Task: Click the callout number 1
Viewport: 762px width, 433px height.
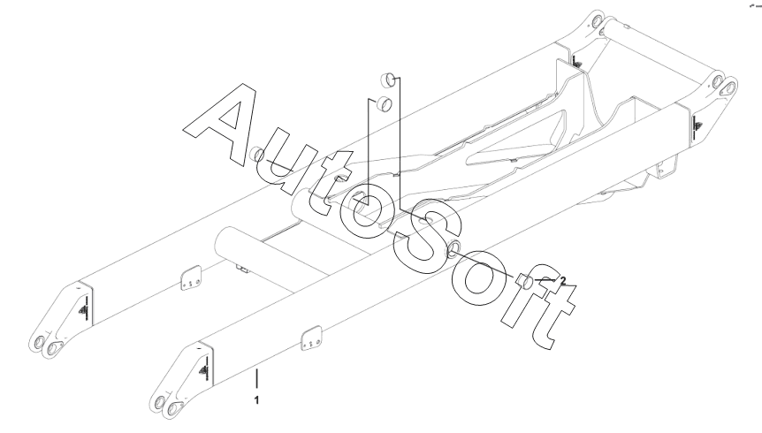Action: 256,400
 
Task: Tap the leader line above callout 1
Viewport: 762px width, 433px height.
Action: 256,380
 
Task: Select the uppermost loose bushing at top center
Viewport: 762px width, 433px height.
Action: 386,77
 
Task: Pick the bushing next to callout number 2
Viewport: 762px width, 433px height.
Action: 525,282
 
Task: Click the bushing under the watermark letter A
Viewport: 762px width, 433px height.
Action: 257,157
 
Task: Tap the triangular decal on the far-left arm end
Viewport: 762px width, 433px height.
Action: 83,308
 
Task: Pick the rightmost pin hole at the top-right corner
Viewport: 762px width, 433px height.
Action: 730,86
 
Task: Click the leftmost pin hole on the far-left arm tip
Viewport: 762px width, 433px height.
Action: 38,344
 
